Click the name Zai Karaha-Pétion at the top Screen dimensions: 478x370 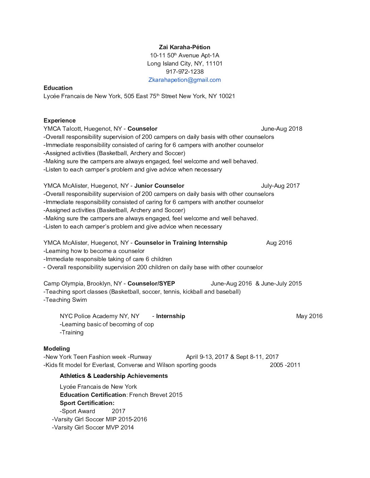[185, 47]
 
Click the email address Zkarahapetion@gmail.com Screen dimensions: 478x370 [185, 80]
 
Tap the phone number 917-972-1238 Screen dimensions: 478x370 [185, 72]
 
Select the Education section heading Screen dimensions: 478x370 [58, 88]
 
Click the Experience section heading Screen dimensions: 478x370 [60, 121]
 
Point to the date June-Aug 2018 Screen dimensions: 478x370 [282, 129]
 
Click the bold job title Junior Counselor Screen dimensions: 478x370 [159, 186]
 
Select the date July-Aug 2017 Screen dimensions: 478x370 [280, 186]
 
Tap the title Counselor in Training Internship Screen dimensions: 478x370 [181, 243]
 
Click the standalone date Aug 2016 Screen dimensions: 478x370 [279, 243]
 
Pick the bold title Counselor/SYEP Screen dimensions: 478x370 [151, 283]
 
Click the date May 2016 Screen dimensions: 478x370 [309, 316]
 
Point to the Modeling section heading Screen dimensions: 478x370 [56, 349]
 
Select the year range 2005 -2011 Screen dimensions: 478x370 [285, 365]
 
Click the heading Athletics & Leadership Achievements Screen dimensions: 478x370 [114, 376]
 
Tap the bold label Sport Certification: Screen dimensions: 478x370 [87, 403]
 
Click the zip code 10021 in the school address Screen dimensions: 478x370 [227, 96]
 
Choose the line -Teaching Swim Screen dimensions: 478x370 [65, 300]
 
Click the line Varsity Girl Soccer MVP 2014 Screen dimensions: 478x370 [93, 427]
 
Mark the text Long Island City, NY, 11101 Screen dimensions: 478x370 [185, 63]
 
